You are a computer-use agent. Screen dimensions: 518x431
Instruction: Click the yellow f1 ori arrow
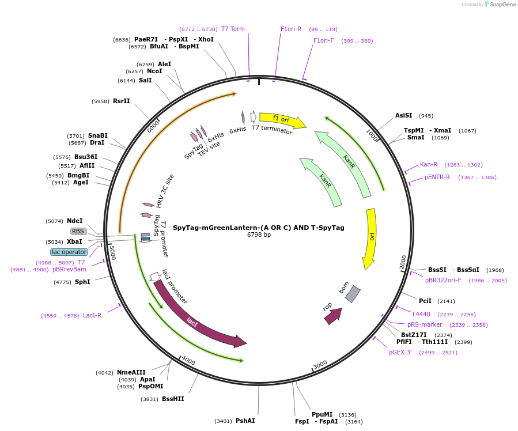(x=282, y=120)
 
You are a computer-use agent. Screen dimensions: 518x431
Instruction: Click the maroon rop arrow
(x=334, y=316)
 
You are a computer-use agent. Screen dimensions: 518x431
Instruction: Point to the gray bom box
(x=353, y=294)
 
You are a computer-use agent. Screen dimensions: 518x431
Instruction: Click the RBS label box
(x=78, y=231)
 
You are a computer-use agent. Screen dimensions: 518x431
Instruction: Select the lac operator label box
(x=69, y=252)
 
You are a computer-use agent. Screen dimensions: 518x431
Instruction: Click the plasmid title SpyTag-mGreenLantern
(x=258, y=228)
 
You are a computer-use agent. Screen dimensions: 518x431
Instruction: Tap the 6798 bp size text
(x=259, y=235)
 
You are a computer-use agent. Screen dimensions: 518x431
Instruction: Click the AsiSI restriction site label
(x=403, y=115)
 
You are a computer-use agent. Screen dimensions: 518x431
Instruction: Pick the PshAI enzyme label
(x=245, y=421)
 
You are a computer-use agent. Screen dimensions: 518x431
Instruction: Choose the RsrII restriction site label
(x=121, y=101)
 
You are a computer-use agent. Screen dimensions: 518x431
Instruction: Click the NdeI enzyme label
(x=75, y=221)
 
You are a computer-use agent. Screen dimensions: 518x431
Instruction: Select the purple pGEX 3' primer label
(x=400, y=353)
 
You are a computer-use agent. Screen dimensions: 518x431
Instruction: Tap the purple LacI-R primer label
(x=92, y=315)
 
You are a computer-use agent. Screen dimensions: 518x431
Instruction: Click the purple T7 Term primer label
(x=233, y=29)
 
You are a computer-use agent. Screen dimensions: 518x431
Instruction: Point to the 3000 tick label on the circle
(x=320, y=365)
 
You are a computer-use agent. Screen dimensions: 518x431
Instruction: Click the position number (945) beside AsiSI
(x=426, y=116)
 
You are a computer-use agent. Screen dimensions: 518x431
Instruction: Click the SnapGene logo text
(x=502, y=4)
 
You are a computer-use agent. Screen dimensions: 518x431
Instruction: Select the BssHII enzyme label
(x=173, y=399)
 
